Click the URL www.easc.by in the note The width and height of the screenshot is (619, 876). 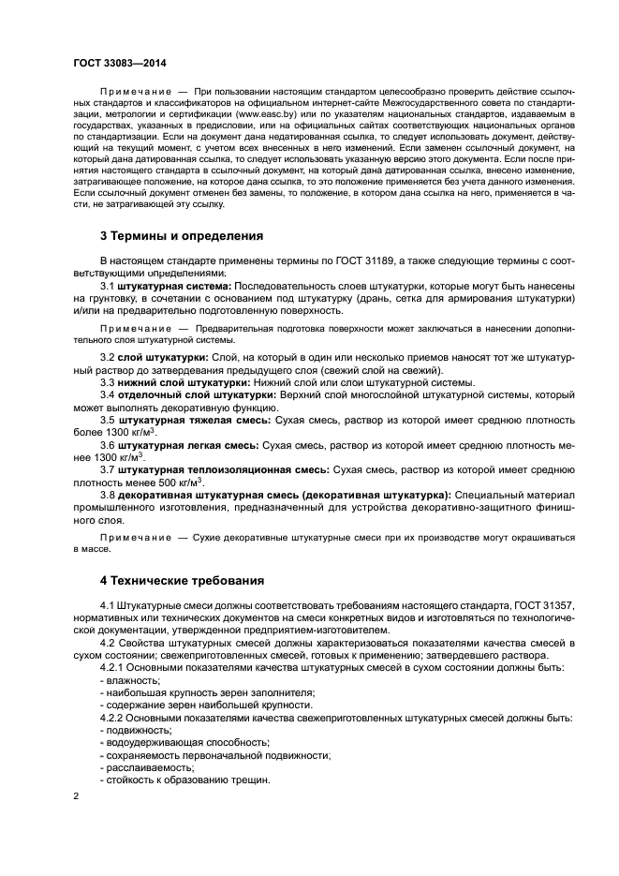pyautogui.click(x=267, y=113)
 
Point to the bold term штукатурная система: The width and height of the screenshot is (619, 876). pyautogui.click(x=172, y=285)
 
